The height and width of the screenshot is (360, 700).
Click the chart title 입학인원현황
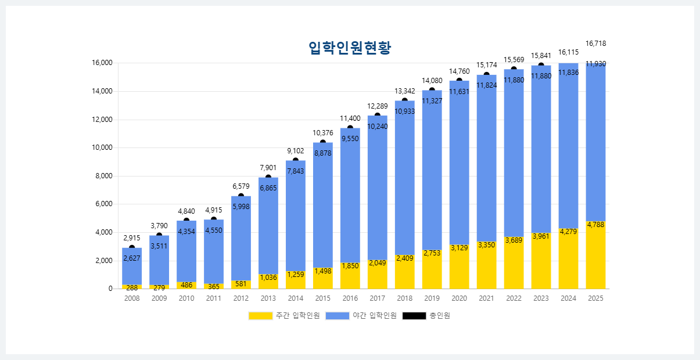click(350, 48)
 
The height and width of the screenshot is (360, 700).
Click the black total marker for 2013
click(268, 178)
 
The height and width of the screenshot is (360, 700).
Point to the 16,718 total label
click(595, 44)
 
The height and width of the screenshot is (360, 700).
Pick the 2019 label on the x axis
click(432, 298)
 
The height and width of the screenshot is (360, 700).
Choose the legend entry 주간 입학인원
click(284, 315)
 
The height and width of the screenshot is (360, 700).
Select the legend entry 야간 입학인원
click(361, 315)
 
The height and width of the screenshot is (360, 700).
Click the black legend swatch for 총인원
click(414, 315)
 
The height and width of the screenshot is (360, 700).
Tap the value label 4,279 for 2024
click(568, 232)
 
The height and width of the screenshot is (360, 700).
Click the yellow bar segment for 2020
click(459, 270)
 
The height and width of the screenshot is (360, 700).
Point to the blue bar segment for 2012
click(241, 244)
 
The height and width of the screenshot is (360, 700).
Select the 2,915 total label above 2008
click(132, 238)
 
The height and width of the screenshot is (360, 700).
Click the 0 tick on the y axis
click(110, 289)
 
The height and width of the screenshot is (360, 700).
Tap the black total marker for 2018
click(405, 101)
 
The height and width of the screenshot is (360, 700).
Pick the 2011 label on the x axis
click(214, 298)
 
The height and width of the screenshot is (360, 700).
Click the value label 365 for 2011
click(214, 286)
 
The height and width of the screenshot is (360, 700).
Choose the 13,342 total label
click(405, 91)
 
